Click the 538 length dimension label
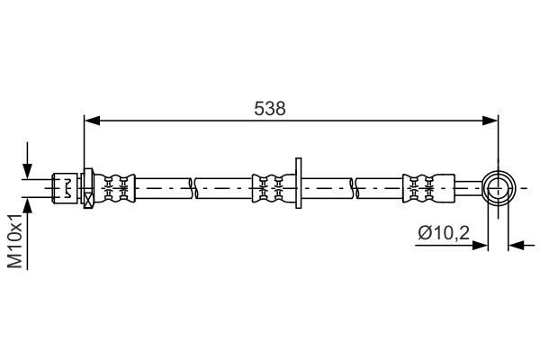pyautogui.click(x=270, y=109)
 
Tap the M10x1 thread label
pyautogui.click(x=15, y=240)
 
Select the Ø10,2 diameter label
pyautogui.click(x=444, y=233)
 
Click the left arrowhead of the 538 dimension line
pyautogui.click(x=92, y=121)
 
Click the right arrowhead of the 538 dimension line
pyautogui.click(x=490, y=121)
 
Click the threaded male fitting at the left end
pyautogui.click(x=65, y=188)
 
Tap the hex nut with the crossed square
pyautogui.click(x=88, y=188)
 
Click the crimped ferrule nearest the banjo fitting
pyautogui.click(x=428, y=188)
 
